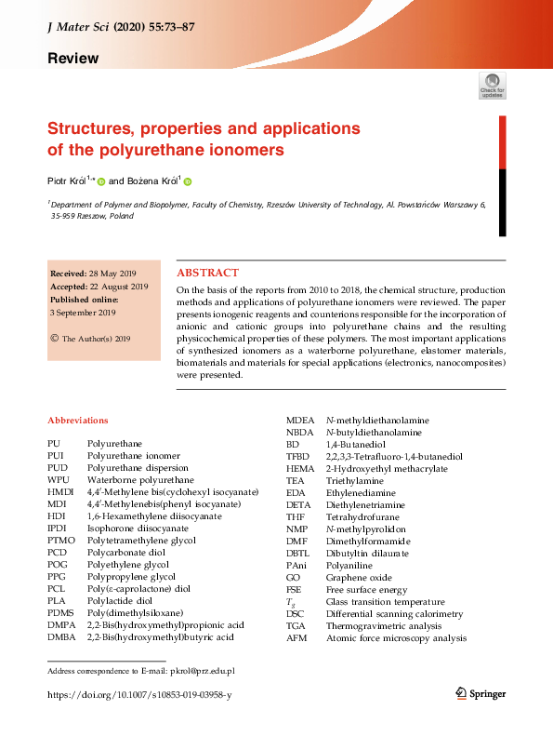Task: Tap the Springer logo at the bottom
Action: [481, 693]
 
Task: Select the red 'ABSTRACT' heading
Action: [207, 273]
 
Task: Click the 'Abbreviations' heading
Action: [77, 421]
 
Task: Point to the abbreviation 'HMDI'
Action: [60, 491]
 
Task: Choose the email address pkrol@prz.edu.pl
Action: [202, 670]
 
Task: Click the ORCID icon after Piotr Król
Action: [101, 182]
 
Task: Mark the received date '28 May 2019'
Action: [114, 274]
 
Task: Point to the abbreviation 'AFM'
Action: [297, 637]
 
